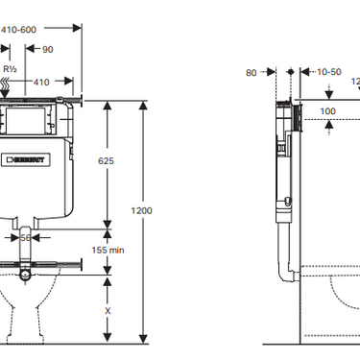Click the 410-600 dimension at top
click(18, 30)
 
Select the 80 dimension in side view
click(252, 71)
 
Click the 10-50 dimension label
click(328, 71)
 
